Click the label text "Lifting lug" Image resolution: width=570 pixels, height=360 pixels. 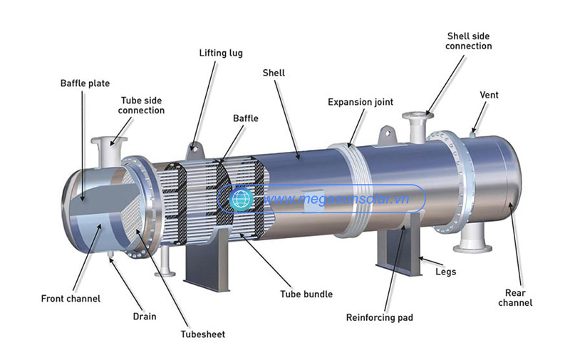pos(221,53)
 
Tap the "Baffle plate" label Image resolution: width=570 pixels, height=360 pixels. pos(85,83)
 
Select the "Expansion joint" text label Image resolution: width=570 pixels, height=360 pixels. pos(361,102)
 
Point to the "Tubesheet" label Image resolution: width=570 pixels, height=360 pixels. pos(203,334)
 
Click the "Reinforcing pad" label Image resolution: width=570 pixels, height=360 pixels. pos(380,318)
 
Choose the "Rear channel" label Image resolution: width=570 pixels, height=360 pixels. pos(515,298)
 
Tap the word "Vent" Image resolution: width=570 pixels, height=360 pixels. pos(489,95)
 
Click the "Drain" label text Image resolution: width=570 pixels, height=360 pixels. pos(145,317)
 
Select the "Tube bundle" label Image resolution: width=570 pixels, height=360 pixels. pos(306,294)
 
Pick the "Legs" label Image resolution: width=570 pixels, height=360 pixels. pos(446,272)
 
